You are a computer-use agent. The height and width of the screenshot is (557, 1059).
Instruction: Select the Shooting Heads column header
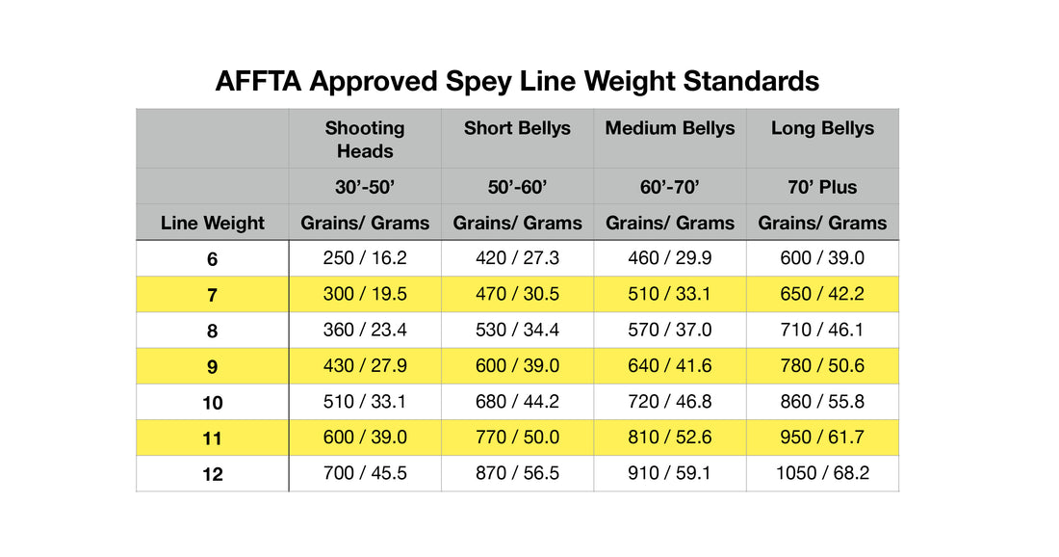pos(365,140)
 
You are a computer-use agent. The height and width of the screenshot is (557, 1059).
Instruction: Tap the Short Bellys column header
pos(517,128)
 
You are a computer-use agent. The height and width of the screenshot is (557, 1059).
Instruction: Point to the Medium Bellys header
pos(670,128)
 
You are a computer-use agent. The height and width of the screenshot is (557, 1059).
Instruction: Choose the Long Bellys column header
pos(822,128)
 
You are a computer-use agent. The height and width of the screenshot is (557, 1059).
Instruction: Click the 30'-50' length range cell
pos(365,187)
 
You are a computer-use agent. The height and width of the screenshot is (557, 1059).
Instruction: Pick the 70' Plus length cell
pos(822,187)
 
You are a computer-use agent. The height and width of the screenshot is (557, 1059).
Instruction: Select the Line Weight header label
pos(213,224)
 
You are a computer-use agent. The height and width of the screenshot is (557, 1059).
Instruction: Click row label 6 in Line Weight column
pos(213,259)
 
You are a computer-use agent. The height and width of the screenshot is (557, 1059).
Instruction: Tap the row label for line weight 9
pos(213,367)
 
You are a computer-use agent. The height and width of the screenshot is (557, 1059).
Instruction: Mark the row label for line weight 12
pos(213,474)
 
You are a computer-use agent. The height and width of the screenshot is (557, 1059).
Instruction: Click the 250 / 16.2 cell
pos(365,258)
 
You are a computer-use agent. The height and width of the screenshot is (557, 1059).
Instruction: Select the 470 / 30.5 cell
pos(517,295)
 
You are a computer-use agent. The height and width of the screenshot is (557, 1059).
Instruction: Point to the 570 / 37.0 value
pos(670,331)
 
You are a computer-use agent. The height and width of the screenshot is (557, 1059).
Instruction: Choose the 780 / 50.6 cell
pos(822,366)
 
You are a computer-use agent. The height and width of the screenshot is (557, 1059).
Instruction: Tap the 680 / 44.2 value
pos(517,402)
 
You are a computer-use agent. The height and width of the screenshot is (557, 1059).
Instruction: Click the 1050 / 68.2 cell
pos(822,473)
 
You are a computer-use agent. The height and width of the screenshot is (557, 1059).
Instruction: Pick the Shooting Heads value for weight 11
pos(365,438)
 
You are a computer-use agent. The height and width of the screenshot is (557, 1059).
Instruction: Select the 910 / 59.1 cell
pos(670,473)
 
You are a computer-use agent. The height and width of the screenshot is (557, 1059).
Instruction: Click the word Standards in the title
pos(751,81)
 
